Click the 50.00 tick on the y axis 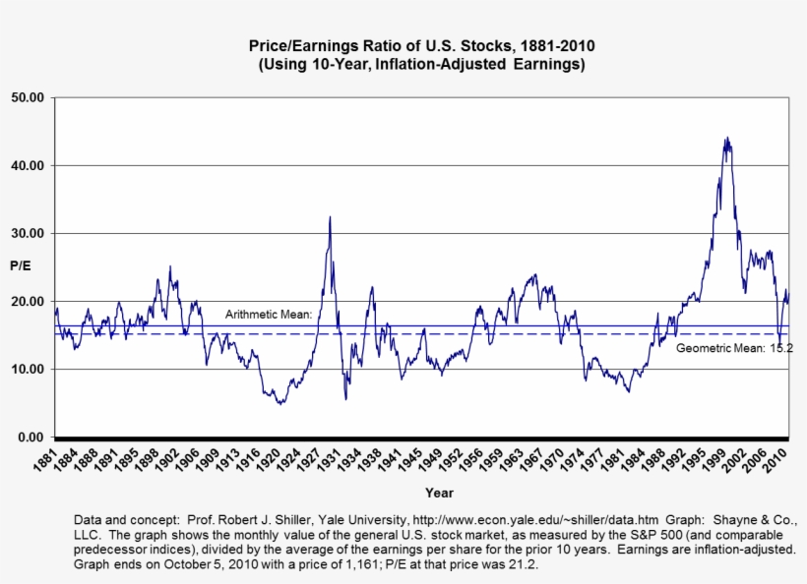pyautogui.click(x=31, y=97)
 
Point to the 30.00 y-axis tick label pyautogui.click(x=31, y=233)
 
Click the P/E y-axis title pyautogui.click(x=20, y=265)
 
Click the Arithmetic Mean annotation pyautogui.click(x=268, y=315)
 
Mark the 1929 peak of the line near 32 pyautogui.click(x=330, y=217)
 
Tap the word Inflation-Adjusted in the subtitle pyautogui.click(x=445, y=65)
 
